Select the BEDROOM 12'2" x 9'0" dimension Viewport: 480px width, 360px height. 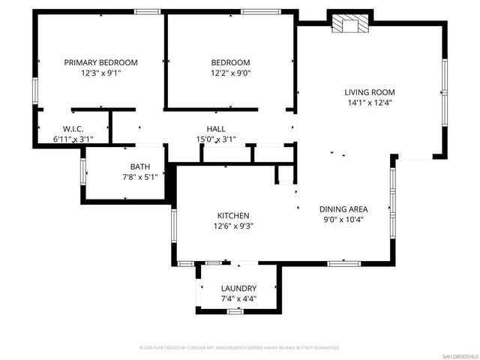click(230, 73)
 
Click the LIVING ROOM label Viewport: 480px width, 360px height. click(369, 92)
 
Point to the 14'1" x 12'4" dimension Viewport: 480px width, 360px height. click(369, 103)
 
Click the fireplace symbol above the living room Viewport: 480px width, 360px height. click(349, 24)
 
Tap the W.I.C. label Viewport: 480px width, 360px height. click(72, 129)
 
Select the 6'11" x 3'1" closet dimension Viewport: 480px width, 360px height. click(72, 139)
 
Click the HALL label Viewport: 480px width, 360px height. click(216, 129)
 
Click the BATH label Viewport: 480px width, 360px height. click(139, 167)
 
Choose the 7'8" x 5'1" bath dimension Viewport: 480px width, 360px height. click(139, 178)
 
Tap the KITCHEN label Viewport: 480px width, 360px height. click(232, 216)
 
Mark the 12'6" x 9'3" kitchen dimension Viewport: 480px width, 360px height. click(232, 226)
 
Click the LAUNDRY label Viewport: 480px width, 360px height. click(238, 288)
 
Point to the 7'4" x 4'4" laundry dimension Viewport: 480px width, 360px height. click(238, 298)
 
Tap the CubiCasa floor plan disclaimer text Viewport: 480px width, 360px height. click(240, 348)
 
